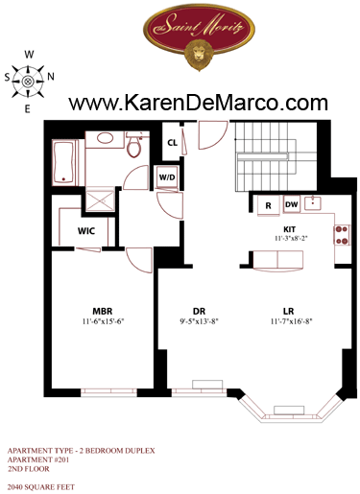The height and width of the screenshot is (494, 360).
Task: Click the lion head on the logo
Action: click(x=199, y=55)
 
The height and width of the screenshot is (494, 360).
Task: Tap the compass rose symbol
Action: click(x=28, y=82)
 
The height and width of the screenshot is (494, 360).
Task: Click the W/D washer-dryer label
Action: click(x=167, y=177)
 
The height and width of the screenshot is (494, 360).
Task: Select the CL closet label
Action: click(x=173, y=143)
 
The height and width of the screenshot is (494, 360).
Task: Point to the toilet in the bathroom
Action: click(x=134, y=145)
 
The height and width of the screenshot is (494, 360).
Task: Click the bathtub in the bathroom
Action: click(x=64, y=163)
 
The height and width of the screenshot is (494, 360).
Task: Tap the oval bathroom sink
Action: click(x=105, y=138)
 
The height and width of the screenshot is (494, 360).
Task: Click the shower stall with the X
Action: click(x=101, y=200)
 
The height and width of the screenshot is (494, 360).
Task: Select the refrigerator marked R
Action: click(x=268, y=205)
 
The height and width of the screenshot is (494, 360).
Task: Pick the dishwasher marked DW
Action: click(x=292, y=204)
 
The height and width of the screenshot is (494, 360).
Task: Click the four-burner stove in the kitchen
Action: click(x=342, y=235)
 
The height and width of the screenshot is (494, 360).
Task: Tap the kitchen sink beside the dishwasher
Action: click(x=313, y=203)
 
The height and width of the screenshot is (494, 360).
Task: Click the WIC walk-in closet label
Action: click(x=86, y=230)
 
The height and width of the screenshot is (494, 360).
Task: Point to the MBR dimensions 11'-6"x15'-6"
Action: click(x=103, y=321)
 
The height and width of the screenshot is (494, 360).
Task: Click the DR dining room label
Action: click(x=199, y=311)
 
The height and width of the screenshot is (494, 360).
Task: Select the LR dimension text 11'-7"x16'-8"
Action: click(x=291, y=321)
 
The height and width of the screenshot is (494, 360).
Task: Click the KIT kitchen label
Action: click(x=290, y=229)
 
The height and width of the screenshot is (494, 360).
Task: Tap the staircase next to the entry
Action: click(x=276, y=156)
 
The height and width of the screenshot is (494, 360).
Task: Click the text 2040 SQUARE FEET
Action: click(x=41, y=487)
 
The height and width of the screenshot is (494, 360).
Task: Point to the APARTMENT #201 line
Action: click(x=38, y=459)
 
